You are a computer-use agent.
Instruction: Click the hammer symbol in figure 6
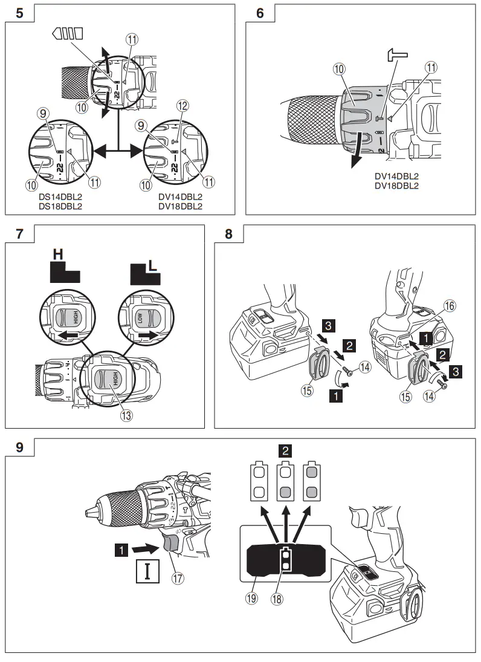(x=398, y=57)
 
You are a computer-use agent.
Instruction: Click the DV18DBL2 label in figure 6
(x=396, y=185)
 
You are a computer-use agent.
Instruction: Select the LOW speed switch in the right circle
(x=145, y=318)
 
